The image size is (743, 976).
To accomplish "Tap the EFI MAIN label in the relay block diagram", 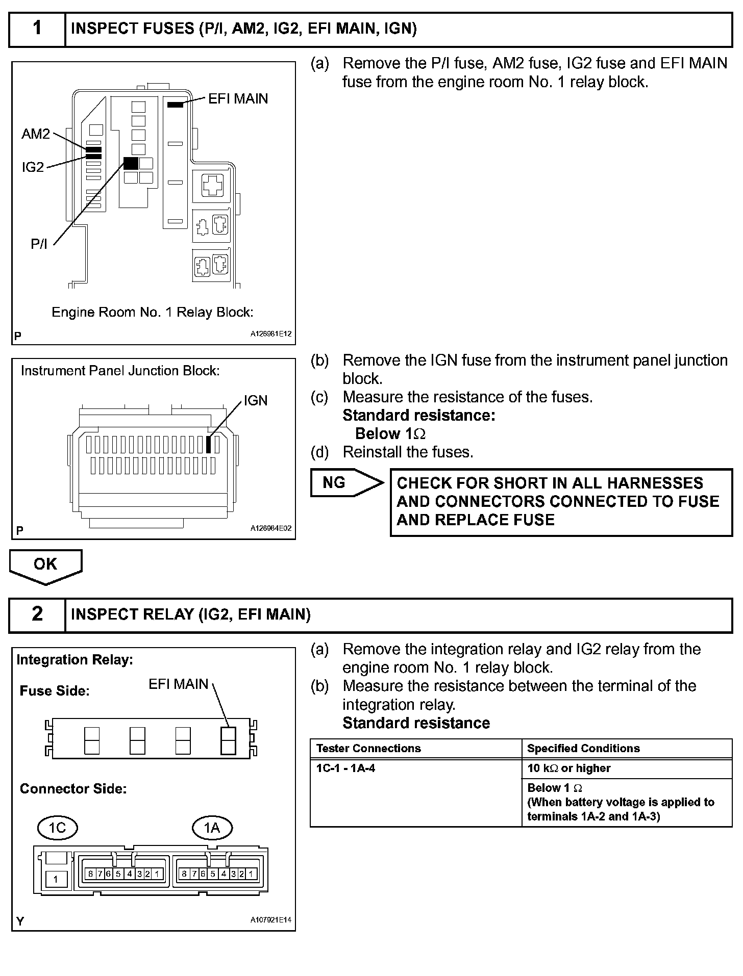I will coord(238,98).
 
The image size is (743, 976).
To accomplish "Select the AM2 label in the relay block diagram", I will coord(36,134).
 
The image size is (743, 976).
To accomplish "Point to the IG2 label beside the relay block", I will coord(33,167).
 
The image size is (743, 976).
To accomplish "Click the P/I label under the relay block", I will coord(39,244).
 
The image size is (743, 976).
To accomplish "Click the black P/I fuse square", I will coord(131,163).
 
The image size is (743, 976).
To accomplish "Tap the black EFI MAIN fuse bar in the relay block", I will coord(175,105).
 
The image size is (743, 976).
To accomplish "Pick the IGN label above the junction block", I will coord(255,401).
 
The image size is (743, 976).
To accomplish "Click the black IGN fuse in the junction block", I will coord(208,444).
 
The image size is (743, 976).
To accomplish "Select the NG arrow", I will coord(346,483).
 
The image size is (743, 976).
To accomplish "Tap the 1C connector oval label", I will coord(57,827).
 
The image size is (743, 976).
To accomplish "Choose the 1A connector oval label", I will coord(212,827).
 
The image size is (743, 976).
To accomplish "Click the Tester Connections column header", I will coord(368,748).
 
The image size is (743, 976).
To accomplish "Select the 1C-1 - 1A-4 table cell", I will coord(346,768).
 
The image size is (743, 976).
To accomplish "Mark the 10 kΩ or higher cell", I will coord(568,768).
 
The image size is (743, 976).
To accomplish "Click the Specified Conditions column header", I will coord(583,748).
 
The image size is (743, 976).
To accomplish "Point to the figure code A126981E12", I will coord(270,335).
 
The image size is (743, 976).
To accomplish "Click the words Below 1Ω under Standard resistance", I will coord(390,434).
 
